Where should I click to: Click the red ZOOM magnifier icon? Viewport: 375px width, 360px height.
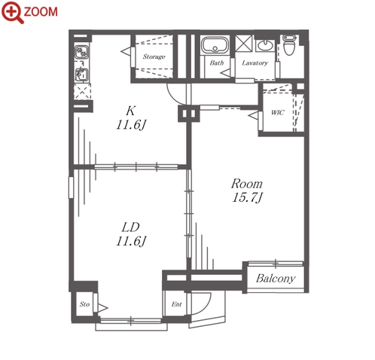[x=12, y=12]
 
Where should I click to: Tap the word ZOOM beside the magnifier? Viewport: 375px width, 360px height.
[x=41, y=12]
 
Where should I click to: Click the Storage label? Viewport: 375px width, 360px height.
[x=154, y=56]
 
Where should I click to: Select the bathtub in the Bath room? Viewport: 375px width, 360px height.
[x=215, y=45]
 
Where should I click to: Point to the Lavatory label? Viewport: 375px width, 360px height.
[x=255, y=63]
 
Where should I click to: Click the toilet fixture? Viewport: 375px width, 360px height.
[x=289, y=44]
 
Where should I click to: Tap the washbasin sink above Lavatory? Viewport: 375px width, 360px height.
[x=265, y=46]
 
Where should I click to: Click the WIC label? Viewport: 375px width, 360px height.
[x=278, y=112]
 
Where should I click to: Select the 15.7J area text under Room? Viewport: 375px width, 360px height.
[x=248, y=197]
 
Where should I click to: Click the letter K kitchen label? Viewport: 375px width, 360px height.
[x=130, y=111]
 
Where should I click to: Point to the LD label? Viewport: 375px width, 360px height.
[x=130, y=227]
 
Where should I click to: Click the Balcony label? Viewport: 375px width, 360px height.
[x=276, y=279]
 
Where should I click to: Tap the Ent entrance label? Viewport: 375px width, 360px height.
[x=176, y=304]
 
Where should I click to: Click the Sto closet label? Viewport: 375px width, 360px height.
[x=84, y=304]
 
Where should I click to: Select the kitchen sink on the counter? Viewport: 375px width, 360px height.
[x=81, y=75]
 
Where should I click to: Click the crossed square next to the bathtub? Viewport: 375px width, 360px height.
[x=244, y=44]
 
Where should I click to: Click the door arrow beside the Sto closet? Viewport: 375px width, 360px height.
[x=102, y=308]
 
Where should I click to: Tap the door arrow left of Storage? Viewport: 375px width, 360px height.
[x=126, y=52]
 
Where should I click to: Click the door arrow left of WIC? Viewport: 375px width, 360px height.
[x=253, y=116]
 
